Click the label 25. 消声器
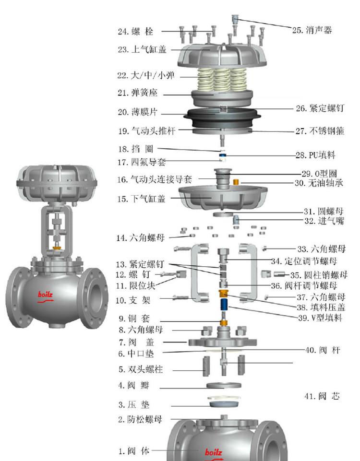pyautogui.click(x=312, y=30)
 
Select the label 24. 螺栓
pyautogui.click(x=135, y=32)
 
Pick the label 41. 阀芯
pyautogui.click(x=322, y=396)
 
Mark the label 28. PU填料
pyautogui.click(x=315, y=155)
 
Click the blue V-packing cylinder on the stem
pyautogui.click(x=224, y=305)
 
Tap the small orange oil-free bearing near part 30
pyautogui.click(x=236, y=182)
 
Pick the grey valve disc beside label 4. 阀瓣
pyautogui.click(x=224, y=385)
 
